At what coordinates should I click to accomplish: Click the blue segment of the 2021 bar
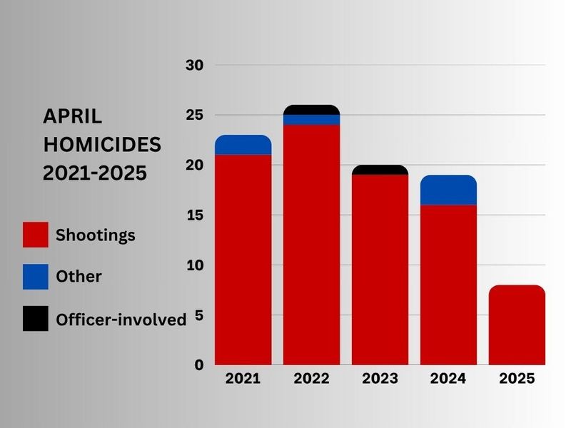click(x=243, y=145)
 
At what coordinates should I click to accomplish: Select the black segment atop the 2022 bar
click(x=311, y=110)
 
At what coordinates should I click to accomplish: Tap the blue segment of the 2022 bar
click(x=311, y=120)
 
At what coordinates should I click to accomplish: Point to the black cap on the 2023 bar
click(x=380, y=170)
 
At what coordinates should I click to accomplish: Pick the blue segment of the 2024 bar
click(x=448, y=190)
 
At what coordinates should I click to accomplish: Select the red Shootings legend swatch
click(x=36, y=235)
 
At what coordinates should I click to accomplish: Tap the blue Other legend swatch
click(x=36, y=277)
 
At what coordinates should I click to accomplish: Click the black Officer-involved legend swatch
click(x=36, y=319)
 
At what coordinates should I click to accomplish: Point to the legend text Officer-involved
click(x=121, y=320)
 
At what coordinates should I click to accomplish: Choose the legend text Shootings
click(x=96, y=235)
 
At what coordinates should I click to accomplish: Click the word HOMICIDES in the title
click(x=102, y=145)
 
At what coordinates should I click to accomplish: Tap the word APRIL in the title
click(x=73, y=116)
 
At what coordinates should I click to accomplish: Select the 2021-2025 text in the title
click(x=95, y=173)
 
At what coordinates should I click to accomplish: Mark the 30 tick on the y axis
click(x=195, y=66)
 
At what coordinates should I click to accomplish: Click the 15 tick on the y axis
click(x=195, y=215)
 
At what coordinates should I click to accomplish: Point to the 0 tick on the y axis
click(x=199, y=365)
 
